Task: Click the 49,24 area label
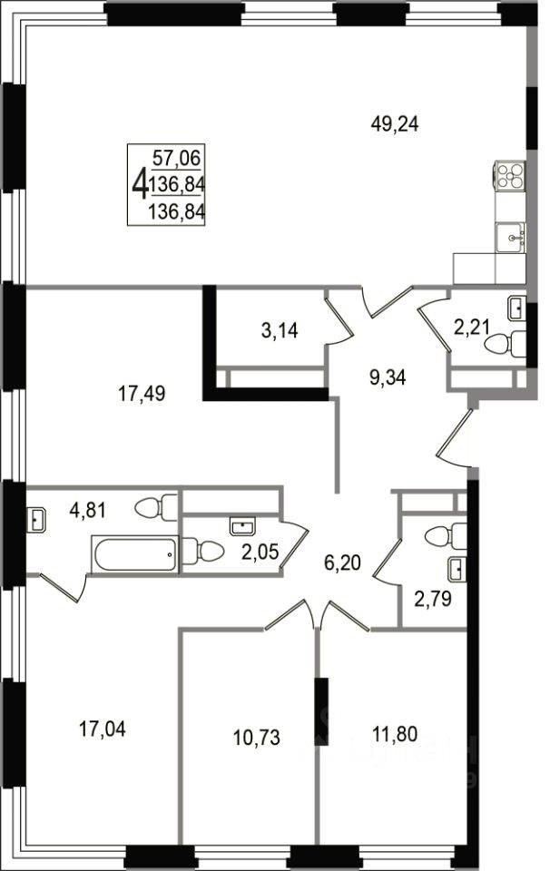tap(395, 124)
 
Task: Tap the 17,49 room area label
tap(141, 394)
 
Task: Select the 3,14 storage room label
tap(280, 330)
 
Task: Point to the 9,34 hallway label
tap(388, 377)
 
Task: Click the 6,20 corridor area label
tap(342, 563)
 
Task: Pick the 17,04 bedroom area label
tap(103, 729)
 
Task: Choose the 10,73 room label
tap(256, 738)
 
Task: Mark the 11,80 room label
tap(395, 734)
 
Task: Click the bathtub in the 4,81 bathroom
tap(135, 553)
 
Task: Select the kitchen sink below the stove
tap(510, 237)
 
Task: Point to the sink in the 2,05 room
tap(242, 526)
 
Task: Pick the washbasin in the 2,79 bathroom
tap(457, 569)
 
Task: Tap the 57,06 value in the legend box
tap(176, 158)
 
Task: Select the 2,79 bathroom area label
tap(433, 598)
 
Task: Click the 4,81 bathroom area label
tap(87, 509)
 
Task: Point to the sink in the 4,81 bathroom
tap(36, 521)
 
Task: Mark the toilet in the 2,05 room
tap(202, 551)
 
